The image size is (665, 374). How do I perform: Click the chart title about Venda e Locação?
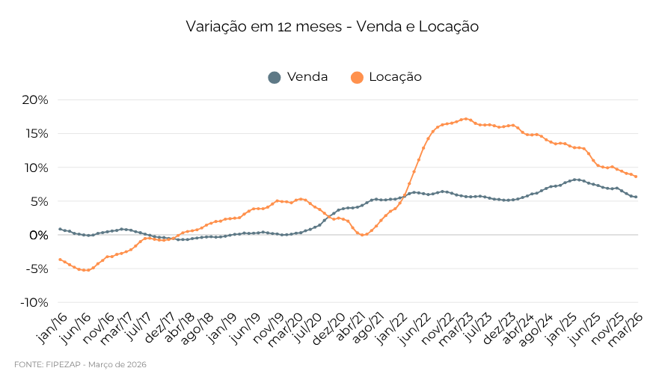(332, 27)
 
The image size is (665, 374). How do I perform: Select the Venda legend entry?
(307, 77)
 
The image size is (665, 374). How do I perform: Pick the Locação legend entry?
(395, 77)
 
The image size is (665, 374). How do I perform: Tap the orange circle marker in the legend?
(357, 77)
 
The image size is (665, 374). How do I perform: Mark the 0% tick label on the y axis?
(39, 235)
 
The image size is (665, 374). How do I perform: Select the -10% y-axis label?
(34, 302)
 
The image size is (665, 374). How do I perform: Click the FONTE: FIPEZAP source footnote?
(80, 364)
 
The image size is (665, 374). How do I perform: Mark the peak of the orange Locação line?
(465, 119)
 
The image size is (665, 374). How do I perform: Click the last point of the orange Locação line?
(636, 177)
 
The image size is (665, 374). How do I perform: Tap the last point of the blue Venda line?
(636, 197)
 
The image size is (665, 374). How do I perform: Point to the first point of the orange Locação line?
(60, 260)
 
